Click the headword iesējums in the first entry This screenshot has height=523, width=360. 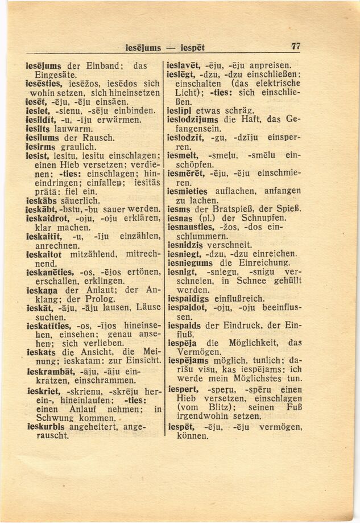pyautogui.click(x=44, y=65)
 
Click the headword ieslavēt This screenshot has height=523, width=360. pyautogui.click(x=185, y=65)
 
